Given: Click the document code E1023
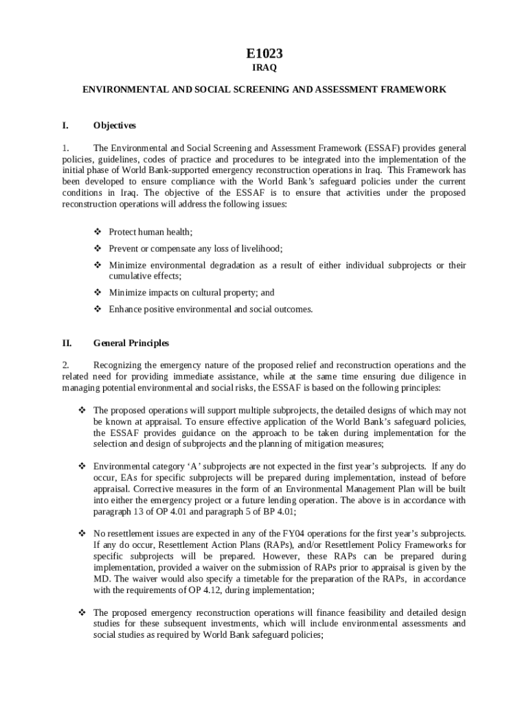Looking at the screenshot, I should coord(264,53).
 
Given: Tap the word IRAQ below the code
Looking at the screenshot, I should coord(264,69).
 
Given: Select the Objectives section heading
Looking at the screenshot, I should coord(114,126).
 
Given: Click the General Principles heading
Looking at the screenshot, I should coord(131,343).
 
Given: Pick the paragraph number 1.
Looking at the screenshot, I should coord(65,148).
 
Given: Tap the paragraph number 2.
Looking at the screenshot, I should coord(65,365).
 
